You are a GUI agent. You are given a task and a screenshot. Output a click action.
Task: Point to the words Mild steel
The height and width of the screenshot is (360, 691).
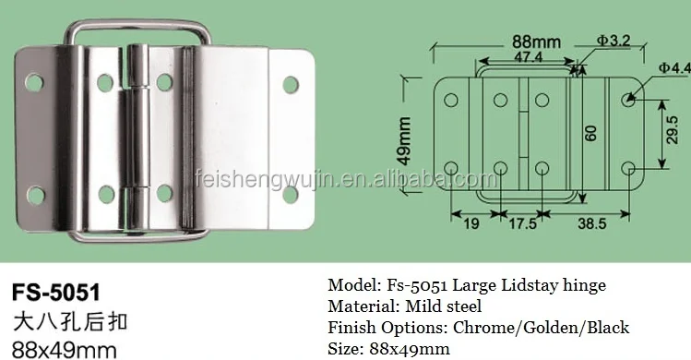tap(446, 306)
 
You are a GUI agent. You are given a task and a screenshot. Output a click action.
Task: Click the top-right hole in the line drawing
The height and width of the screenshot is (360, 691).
tap(628, 98)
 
